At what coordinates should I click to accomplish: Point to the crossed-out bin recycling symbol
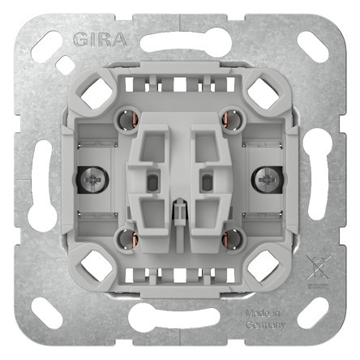[x=317, y=268]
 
